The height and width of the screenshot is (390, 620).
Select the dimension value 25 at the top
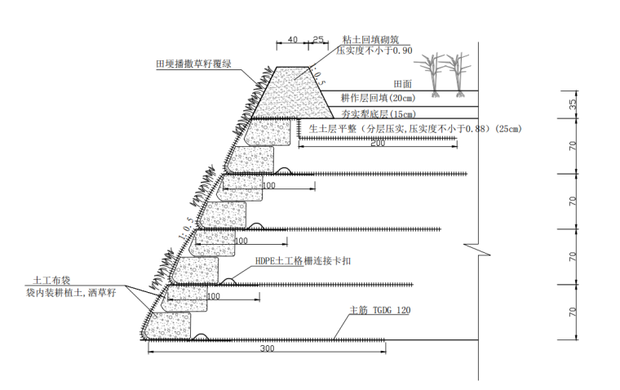[x=318, y=38]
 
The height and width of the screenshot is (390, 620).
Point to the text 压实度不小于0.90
[x=375, y=51]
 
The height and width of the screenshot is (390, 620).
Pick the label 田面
[x=402, y=84]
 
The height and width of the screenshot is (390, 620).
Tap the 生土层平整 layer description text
[x=414, y=128]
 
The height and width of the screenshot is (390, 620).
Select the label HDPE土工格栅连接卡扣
[x=303, y=262]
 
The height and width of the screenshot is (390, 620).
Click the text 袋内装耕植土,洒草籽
[x=71, y=292]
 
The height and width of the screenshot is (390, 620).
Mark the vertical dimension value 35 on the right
[x=572, y=104]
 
